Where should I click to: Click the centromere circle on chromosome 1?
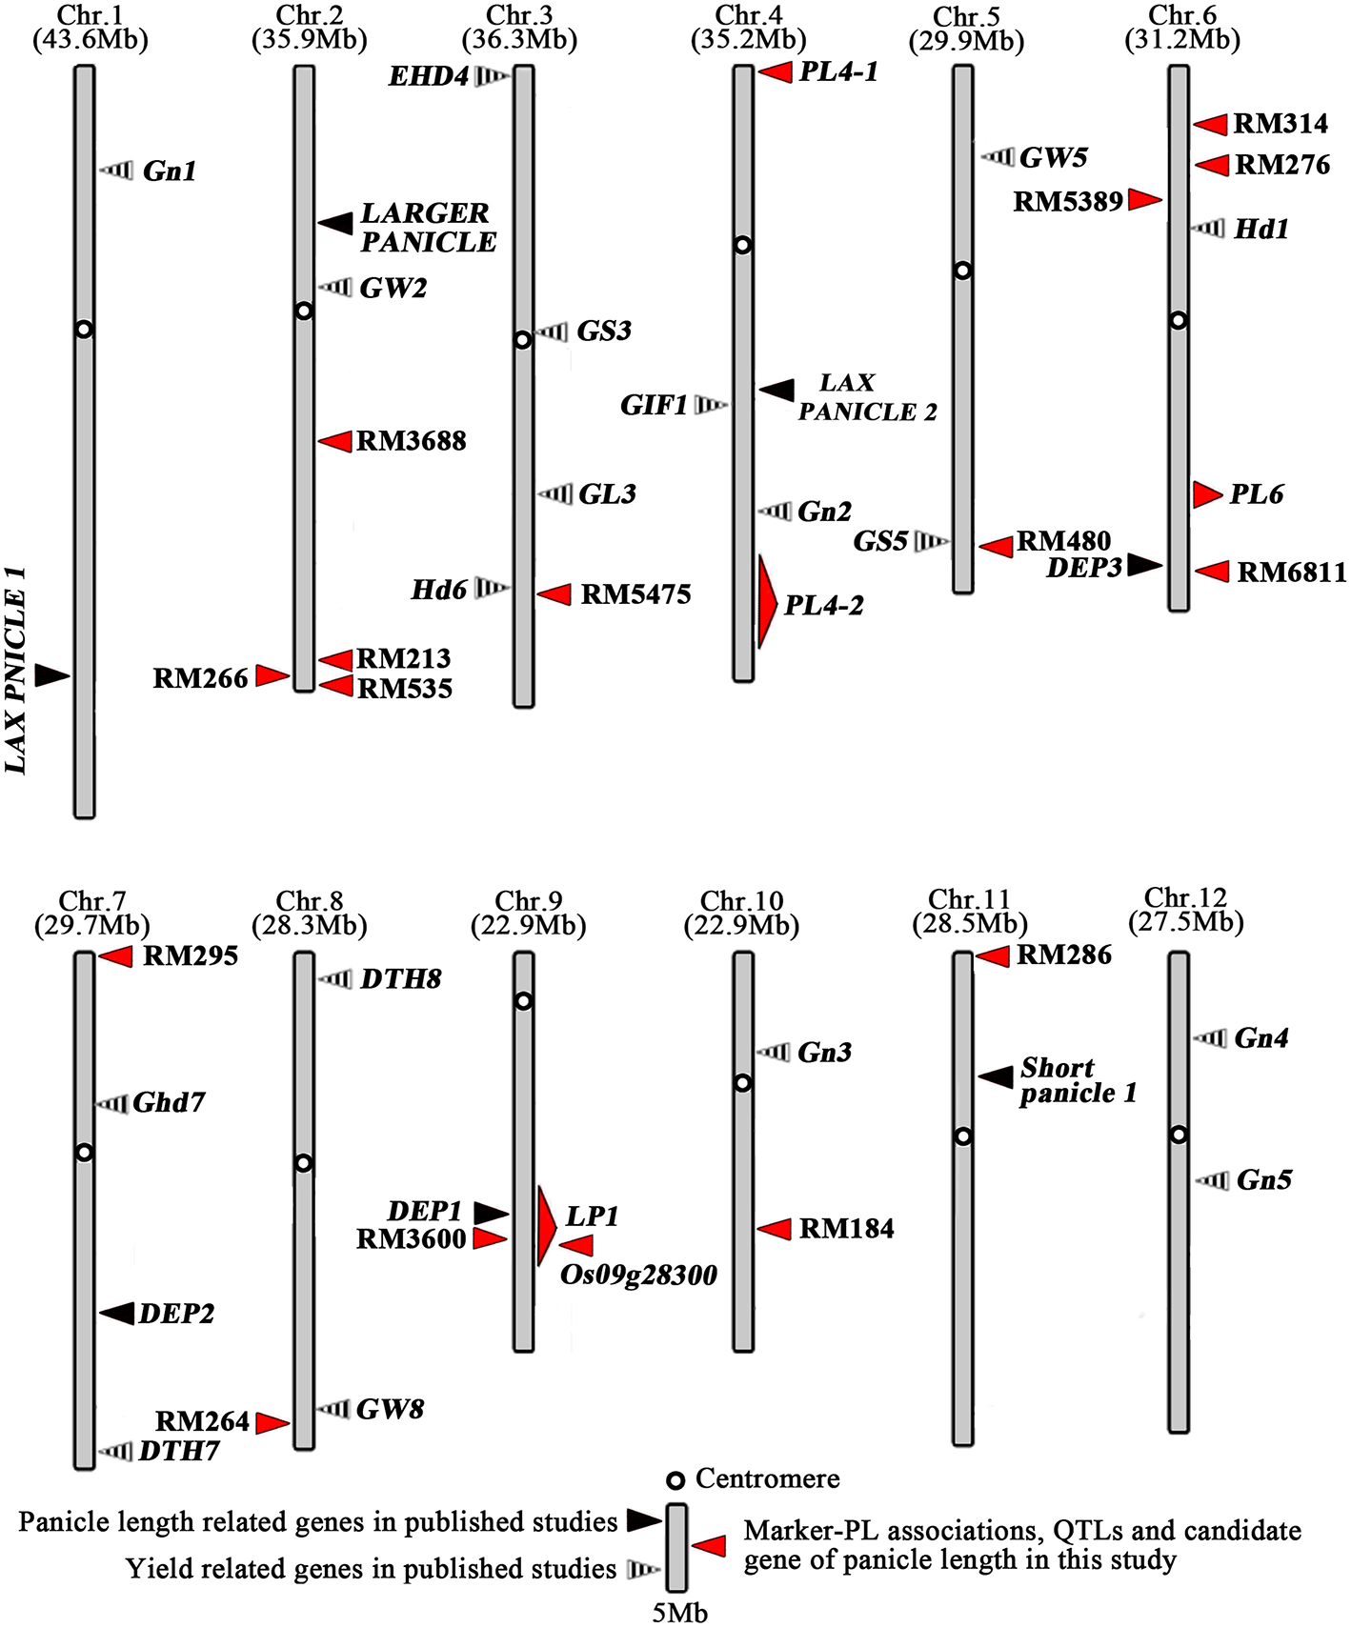point(84,330)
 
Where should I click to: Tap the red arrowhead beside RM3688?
point(334,441)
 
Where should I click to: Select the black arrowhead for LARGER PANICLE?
point(334,223)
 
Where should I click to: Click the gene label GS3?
point(604,332)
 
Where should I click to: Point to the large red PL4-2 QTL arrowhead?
point(767,603)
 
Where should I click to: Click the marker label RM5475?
point(635,594)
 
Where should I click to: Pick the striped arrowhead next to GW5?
point(998,156)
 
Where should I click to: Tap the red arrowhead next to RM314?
point(1211,124)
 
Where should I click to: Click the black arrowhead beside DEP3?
point(1145,565)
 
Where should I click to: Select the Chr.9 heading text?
point(529,901)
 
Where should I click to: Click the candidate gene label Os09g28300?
point(638,1276)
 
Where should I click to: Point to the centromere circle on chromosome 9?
point(523,1001)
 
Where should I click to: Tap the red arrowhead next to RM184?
point(775,1229)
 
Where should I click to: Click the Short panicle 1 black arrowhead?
point(996,1077)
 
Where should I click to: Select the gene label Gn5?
point(1264,1180)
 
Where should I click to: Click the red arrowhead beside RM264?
point(272,1423)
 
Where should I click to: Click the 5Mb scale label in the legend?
point(679,1614)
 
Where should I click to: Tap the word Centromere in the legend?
point(767,1478)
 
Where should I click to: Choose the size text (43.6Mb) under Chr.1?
point(91,40)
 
